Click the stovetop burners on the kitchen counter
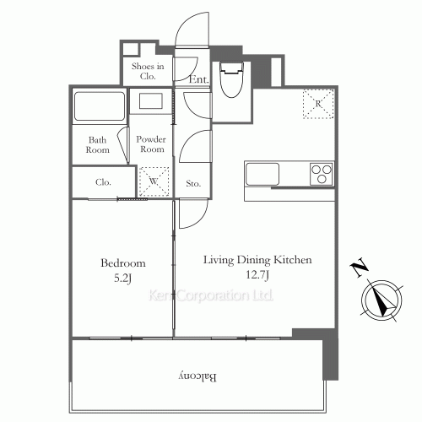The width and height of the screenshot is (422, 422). pos(322,173)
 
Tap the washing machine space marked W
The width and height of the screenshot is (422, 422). pos(154,180)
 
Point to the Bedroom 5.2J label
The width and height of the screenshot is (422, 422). pos(122,269)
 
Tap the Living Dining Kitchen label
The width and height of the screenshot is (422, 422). pos(257,260)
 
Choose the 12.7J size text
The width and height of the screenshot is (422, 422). pos(257,275)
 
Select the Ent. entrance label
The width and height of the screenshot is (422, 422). pos(199,80)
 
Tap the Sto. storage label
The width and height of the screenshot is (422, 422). pos(192,181)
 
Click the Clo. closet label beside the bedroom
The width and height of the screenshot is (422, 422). pos(103,181)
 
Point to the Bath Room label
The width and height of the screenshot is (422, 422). pos(99,145)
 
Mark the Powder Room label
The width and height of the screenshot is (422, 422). pos(152,143)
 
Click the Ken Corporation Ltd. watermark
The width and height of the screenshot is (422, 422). pos(211,296)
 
